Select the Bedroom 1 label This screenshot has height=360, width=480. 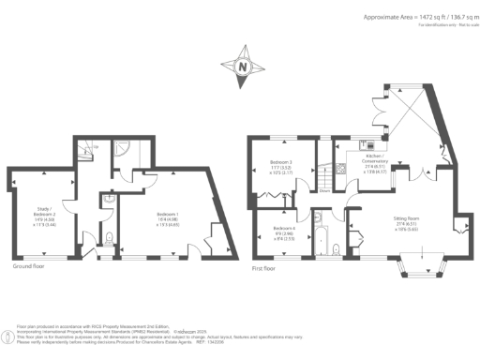pyautogui.click(x=167, y=220)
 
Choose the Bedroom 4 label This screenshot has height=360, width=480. pyautogui.click(x=284, y=233)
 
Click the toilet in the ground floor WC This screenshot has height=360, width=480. pyautogui.click(x=110, y=238)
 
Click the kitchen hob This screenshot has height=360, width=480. pyautogui.click(x=367, y=147)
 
